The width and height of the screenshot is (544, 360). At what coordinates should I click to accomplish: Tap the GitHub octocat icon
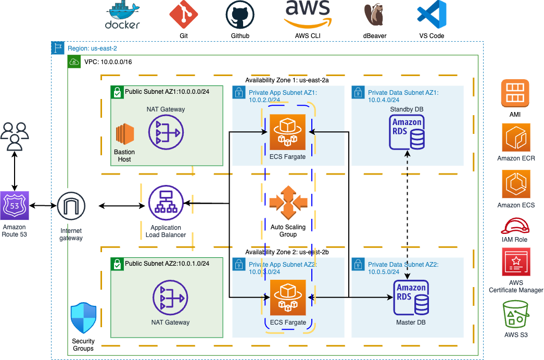[240, 15]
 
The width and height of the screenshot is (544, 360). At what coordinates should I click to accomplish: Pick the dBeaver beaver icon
[375, 15]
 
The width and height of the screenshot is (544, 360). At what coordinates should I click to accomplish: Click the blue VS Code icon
[432, 14]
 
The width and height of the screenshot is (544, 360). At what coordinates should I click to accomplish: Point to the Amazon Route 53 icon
[15, 206]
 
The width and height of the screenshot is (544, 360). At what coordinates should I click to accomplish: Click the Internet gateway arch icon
[71, 206]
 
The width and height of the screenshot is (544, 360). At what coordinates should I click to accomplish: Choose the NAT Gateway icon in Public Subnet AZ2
[170, 297]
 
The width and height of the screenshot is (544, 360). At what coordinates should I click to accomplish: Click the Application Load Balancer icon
[166, 203]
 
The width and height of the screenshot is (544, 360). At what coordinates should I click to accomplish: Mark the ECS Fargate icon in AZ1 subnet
[287, 132]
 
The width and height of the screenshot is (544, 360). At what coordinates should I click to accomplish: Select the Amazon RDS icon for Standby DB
[407, 132]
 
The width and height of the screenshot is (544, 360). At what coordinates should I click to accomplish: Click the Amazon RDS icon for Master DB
[411, 298]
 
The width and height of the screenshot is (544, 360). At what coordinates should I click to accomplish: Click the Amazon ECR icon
[516, 136]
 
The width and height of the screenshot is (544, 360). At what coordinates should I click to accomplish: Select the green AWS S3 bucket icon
[515, 314]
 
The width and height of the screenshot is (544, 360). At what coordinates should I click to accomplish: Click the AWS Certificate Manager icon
[515, 262]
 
